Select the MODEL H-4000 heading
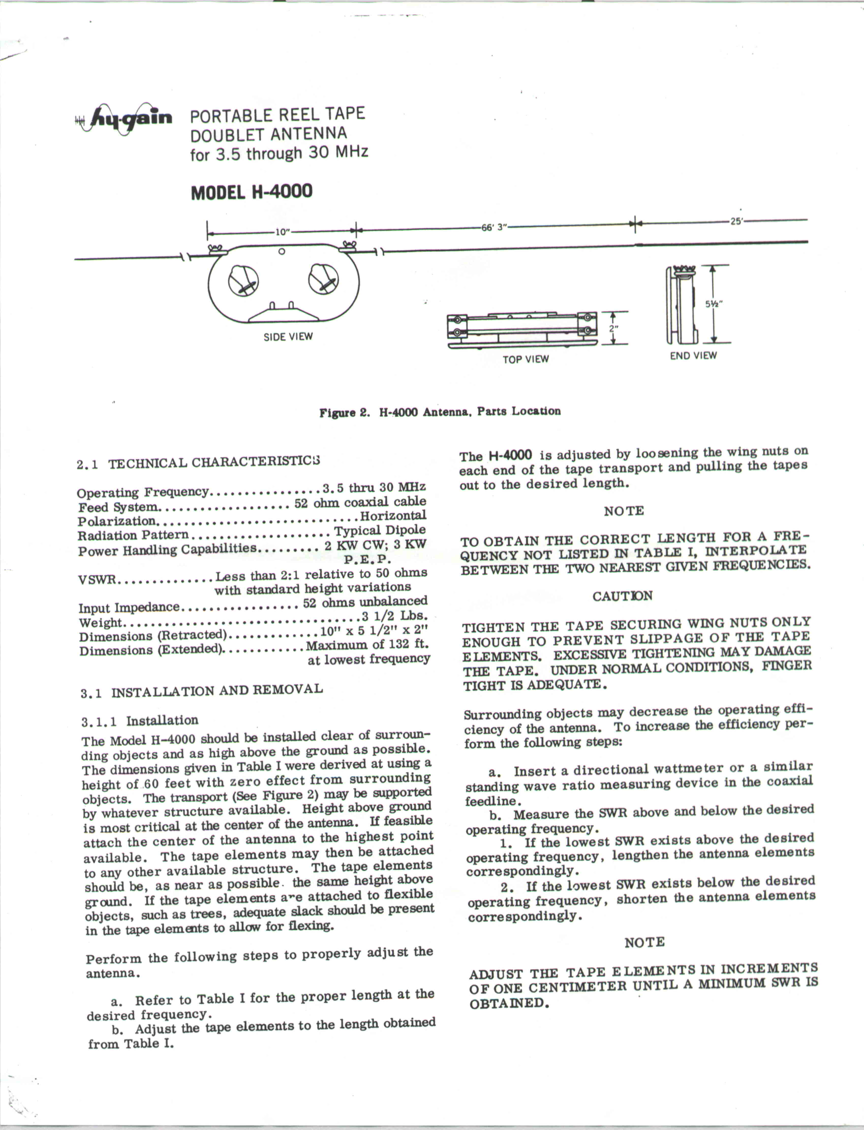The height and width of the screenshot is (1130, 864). (x=252, y=192)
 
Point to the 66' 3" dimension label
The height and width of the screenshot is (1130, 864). (x=494, y=227)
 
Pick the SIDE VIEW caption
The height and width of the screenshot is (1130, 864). (x=288, y=337)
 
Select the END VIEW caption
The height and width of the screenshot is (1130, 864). (x=693, y=355)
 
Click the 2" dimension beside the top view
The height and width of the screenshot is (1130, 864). (x=613, y=327)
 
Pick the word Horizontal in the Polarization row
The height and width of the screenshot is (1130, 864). (x=393, y=515)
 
